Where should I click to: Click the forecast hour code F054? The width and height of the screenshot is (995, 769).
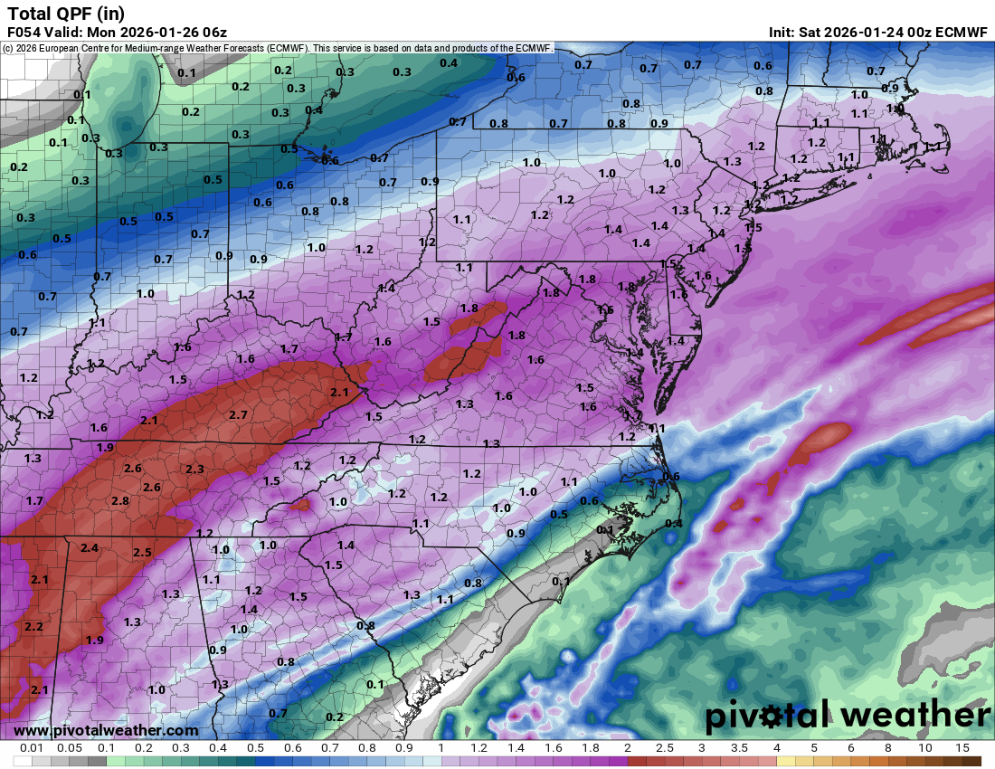coord(24,33)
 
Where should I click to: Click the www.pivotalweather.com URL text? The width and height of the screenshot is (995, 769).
coord(106,730)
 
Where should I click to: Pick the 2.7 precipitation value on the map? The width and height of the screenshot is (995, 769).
coord(239,414)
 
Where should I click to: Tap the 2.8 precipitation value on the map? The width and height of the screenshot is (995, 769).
coord(119,500)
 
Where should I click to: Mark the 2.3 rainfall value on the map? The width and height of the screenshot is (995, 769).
coord(194,469)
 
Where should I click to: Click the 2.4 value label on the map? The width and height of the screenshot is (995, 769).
coord(90,547)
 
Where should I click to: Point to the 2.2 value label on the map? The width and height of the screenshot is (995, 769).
coord(33,626)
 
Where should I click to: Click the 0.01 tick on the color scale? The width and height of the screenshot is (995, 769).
coord(33,748)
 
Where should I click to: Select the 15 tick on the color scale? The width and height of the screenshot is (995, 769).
coord(962,748)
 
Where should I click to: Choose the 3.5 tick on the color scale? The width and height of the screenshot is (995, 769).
coord(739,748)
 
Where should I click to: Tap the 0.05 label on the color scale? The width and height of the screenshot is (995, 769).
coord(70,748)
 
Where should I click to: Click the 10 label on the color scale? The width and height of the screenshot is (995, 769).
coord(924,748)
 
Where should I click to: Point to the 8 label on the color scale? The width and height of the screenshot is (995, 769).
coord(887,748)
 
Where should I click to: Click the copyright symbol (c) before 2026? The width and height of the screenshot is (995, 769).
coord(8,47)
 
